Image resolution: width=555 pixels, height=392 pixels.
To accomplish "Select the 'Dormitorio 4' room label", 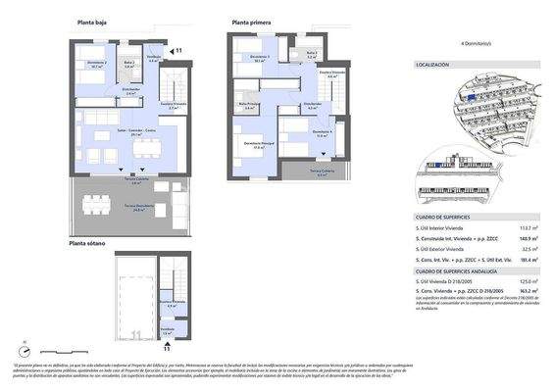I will tap(323, 132).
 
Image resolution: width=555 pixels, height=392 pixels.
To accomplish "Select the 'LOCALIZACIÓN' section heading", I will tap(432, 64).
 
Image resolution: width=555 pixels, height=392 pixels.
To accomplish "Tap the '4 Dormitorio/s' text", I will tap(476, 44).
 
